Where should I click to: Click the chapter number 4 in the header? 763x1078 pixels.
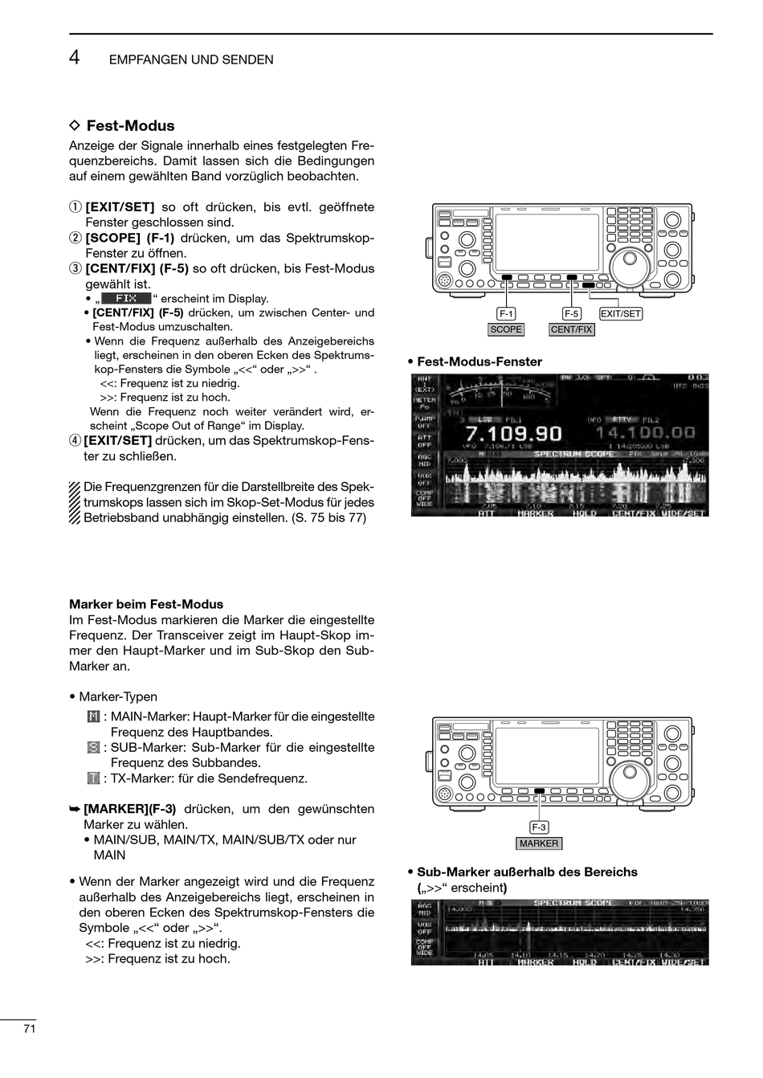pos(74,57)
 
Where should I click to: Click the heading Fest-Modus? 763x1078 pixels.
pos(129,126)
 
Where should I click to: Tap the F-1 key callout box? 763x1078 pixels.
pos(506,314)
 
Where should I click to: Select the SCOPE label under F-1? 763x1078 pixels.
pos(506,329)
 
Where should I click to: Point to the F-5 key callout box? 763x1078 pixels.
pos(571,314)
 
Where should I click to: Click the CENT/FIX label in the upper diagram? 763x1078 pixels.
pos(571,329)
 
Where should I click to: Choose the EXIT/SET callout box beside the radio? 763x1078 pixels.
pos(621,314)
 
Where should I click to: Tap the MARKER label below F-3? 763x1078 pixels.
pos(538,843)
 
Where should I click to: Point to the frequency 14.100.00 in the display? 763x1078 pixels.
pos(645,434)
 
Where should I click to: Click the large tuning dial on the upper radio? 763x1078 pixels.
pos(628,262)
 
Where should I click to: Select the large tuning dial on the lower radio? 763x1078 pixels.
pos(628,776)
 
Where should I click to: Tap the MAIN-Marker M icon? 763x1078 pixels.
pos(93,717)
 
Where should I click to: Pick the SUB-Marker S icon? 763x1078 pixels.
pos(93,748)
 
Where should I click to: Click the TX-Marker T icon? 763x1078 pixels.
pos(93,778)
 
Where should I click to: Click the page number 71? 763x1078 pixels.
pos(30,1029)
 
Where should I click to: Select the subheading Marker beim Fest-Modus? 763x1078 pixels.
pos(146,604)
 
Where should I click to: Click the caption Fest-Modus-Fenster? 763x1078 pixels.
pos(479,362)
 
